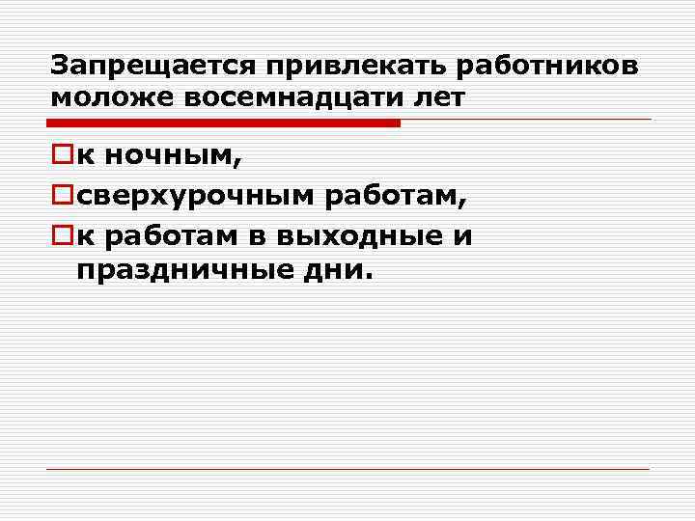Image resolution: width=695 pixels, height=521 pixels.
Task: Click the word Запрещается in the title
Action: (153, 67)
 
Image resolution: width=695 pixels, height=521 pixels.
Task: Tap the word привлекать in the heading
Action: (355, 67)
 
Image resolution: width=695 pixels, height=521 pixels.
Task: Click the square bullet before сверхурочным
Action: (62, 197)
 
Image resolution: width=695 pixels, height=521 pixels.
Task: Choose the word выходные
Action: (370, 237)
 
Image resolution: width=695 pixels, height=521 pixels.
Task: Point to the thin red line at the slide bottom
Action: (347, 470)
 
